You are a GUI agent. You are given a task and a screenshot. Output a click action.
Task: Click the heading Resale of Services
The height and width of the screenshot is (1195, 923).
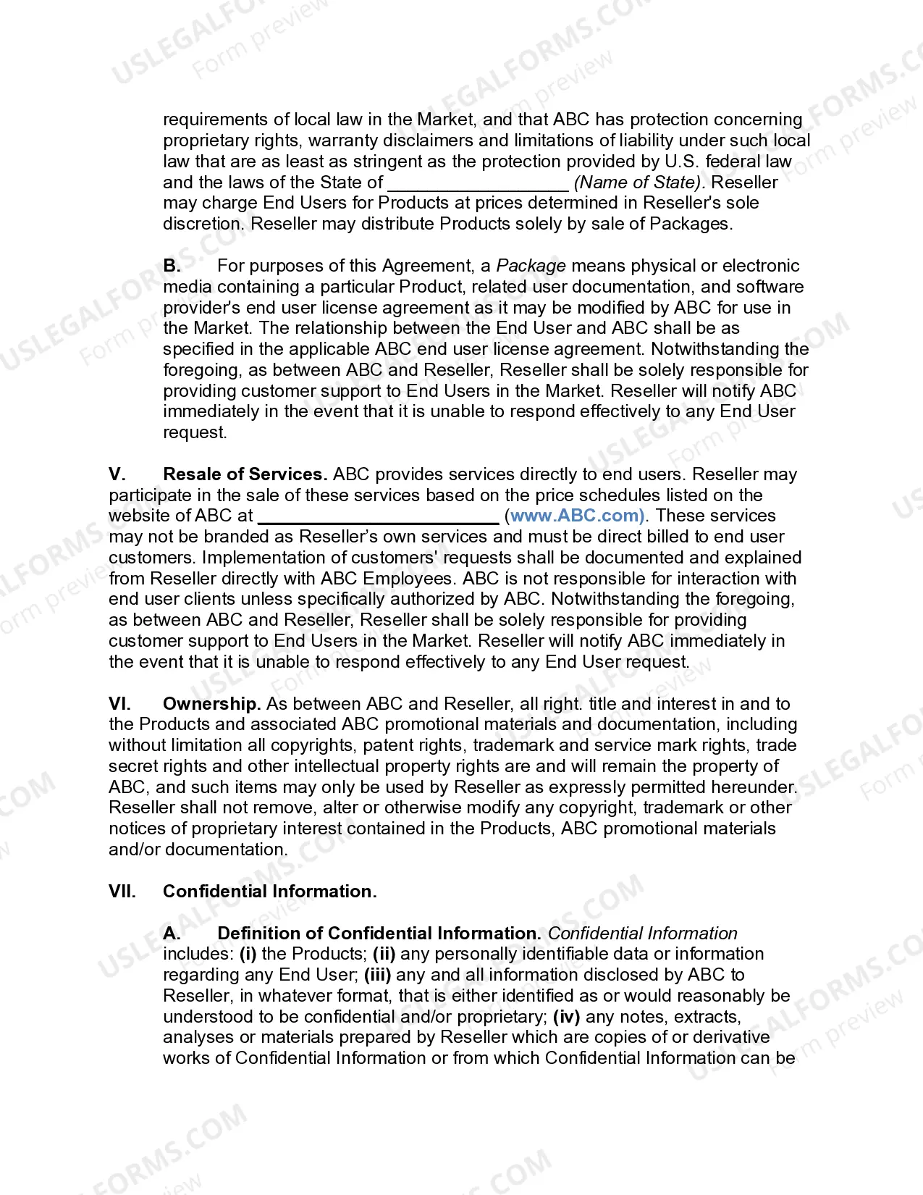tap(245, 474)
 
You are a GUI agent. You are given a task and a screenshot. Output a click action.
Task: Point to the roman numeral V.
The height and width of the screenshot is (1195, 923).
tap(117, 474)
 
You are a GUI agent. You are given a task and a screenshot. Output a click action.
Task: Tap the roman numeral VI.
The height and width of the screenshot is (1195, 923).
tap(119, 704)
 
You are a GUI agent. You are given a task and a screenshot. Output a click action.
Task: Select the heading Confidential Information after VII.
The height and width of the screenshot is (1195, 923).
tap(269, 892)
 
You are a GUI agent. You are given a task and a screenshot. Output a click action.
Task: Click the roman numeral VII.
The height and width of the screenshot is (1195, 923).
tap(122, 892)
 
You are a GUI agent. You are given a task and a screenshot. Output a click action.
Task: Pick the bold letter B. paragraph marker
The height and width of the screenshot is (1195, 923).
tap(172, 266)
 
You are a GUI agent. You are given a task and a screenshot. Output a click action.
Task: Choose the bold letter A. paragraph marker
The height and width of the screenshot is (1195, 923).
tap(172, 934)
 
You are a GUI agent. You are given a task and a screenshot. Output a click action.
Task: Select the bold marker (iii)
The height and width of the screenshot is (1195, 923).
tap(377, 975)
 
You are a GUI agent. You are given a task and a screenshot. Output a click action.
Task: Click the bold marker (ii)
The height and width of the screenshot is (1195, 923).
tap(384, 954)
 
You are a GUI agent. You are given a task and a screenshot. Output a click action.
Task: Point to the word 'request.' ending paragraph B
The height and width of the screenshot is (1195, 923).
tap(195, 433)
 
